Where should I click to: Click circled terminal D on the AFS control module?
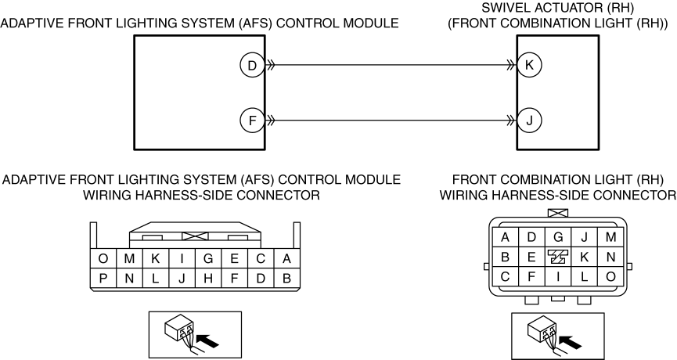(x=252, y=65)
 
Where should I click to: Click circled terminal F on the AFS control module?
(x=252, y=120)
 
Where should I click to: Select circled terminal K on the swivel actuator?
(x=529, y=65)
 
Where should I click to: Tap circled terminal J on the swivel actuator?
(x=529, y=120)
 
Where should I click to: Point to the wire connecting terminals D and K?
(x=391, y=65)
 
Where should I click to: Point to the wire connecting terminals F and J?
(x=391, y=120)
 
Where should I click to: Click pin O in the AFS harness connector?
(x=103, y=258)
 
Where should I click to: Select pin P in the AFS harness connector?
(x=103, y=279)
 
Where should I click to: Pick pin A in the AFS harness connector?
(x=286, y=258)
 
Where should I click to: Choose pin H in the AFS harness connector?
(x=208, y=279)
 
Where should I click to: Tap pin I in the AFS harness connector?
(x=182, y=258)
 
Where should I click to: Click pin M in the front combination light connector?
(x=610, y=237)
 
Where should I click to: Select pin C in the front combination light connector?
(x=505, y=276)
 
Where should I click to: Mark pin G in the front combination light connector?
(x=558, y=237)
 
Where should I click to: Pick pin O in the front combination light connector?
(x=610, y=276)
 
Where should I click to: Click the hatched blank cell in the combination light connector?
(x=558, y=257)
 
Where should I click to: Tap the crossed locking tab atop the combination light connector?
(x=558, y=212)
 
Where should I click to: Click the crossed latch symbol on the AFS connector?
(x=195, y=236)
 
